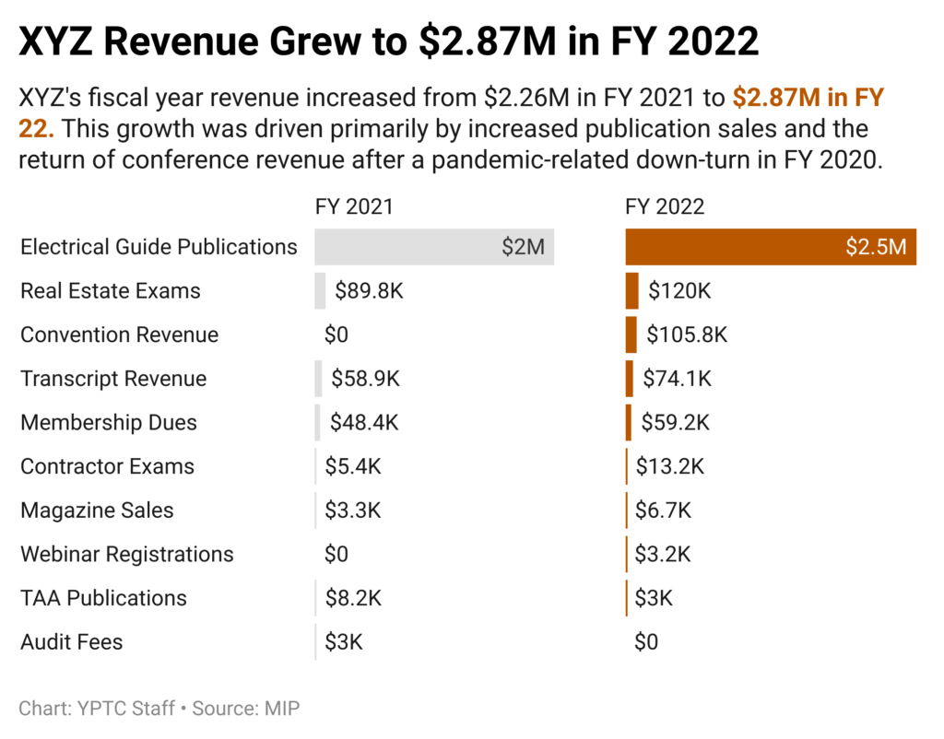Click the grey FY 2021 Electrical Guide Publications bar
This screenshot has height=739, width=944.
point(433,247)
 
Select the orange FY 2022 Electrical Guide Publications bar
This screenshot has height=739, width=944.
point(770,247)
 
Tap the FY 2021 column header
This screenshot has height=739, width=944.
point(354,205)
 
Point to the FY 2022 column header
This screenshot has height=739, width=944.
point(665,205)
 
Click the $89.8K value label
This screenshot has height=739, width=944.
point(369,291)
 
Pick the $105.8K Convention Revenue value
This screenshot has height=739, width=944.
point(687,334)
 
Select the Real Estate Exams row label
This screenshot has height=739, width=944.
point(110,291)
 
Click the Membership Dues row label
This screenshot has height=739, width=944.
point(109,423)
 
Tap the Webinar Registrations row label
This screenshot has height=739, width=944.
point(126,555)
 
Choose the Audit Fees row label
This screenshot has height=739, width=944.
point(71,642)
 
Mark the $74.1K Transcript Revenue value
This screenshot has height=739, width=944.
point(678,379)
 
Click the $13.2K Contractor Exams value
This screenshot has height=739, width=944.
point(670,466)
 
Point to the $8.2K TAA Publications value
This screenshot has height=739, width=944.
point(353,598)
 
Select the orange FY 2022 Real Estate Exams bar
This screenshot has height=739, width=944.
point(631,291)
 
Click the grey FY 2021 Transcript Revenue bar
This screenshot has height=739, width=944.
point(318,379)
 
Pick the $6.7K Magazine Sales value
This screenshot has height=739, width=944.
point(663,510)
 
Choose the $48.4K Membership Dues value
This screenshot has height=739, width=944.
point(365,423)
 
